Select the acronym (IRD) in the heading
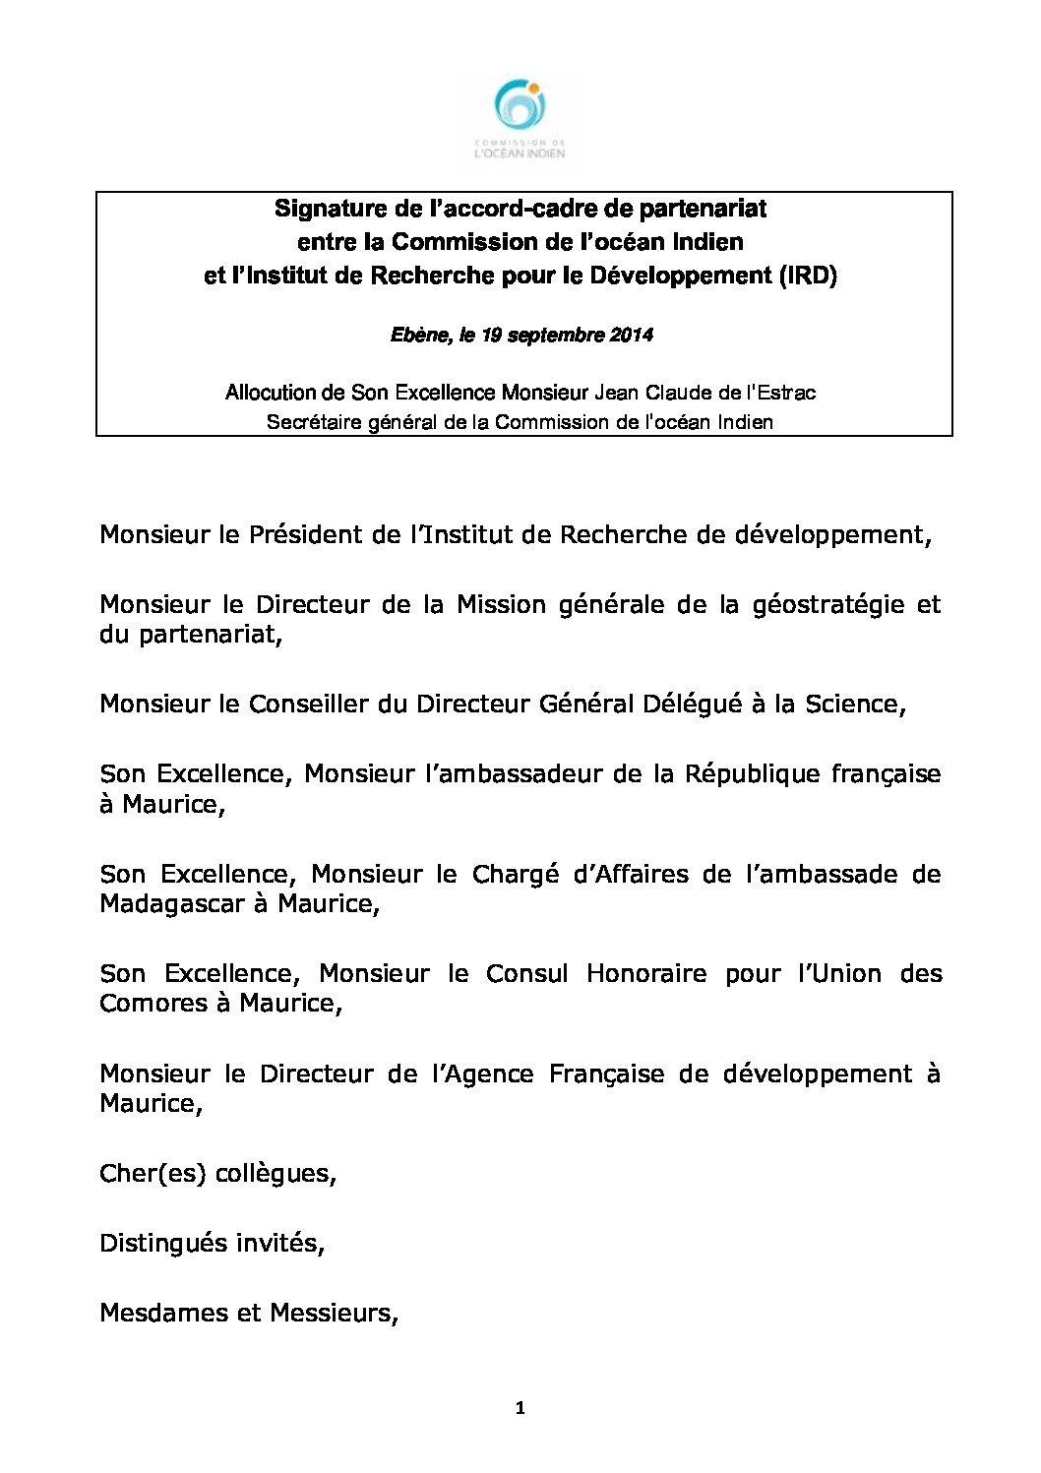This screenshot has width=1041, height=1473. [x=808, y=276]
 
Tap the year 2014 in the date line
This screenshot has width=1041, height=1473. [x=631, y=336]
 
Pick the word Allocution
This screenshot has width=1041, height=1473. [x=271, y=393]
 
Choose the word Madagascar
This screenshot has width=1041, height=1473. [x=173, y=903]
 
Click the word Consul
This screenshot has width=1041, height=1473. [x=526, y=973]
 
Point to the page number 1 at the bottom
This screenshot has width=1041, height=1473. [x=520, y=1408]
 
